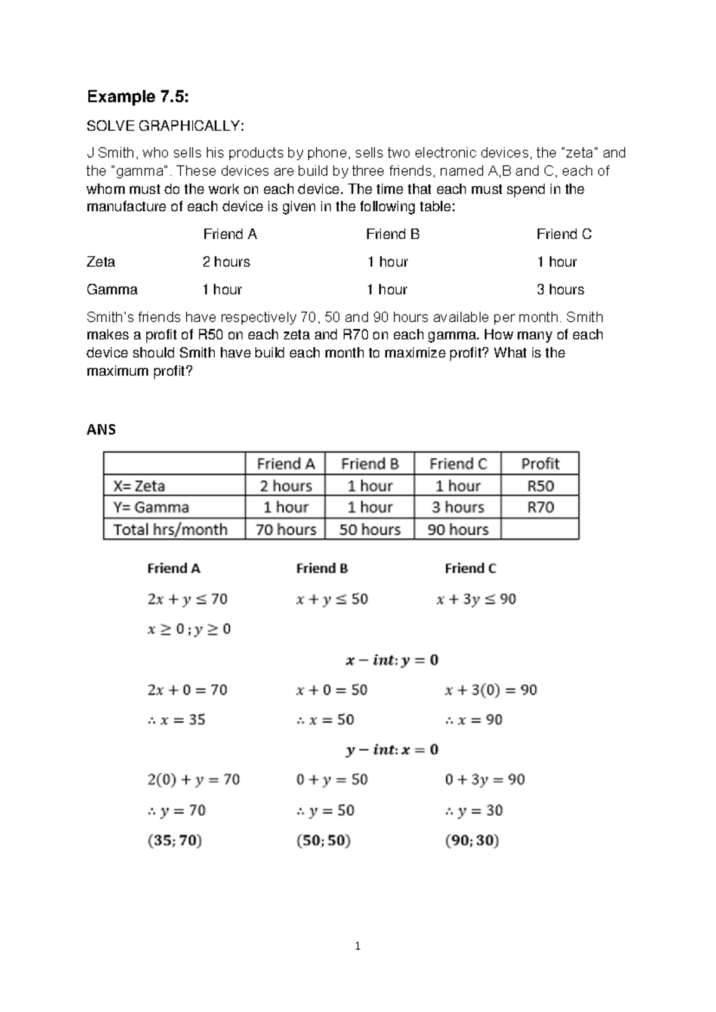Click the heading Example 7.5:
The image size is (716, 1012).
click(x=138, y=97)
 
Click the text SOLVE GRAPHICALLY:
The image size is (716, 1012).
click(x=165, y=126)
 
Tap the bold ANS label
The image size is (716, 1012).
click(x=101, y=430)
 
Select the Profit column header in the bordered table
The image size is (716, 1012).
click(x=539, y=464)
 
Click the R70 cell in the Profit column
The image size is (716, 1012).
click(x=539, y=507)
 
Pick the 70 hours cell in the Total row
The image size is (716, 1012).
click(x=285, y=529)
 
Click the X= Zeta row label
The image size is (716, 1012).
click(x=139, y=486)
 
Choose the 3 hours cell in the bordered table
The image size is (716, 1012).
click(x=458, y=507)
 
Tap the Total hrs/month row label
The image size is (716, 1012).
click(x=170, y=529)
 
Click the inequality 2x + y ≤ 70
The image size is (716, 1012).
click(x=187, y=599)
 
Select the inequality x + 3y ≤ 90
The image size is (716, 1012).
click(x=476, y=599)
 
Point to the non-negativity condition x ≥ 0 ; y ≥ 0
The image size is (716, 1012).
click(x=189, y=630)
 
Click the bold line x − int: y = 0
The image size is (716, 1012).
click(x=392, y=660)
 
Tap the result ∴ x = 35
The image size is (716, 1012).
click(x=177, y=720)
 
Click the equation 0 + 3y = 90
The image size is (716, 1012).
click(x=484, y=779)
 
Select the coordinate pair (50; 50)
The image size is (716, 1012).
click(x=323, y=841)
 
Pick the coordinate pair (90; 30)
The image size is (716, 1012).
click(x=472, y=841)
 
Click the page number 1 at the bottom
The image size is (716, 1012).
click(x=357, y=946)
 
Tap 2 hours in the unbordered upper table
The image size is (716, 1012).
click(x=226, y=262)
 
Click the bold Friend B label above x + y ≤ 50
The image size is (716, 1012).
click(x=322, y=569)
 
